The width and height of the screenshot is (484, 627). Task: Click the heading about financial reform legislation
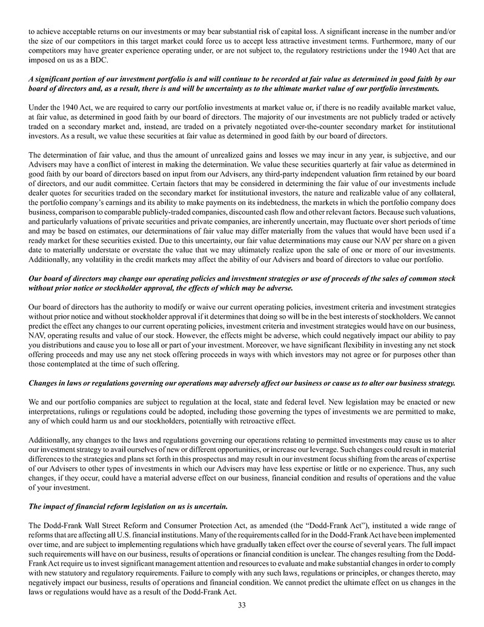click(128, 506)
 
